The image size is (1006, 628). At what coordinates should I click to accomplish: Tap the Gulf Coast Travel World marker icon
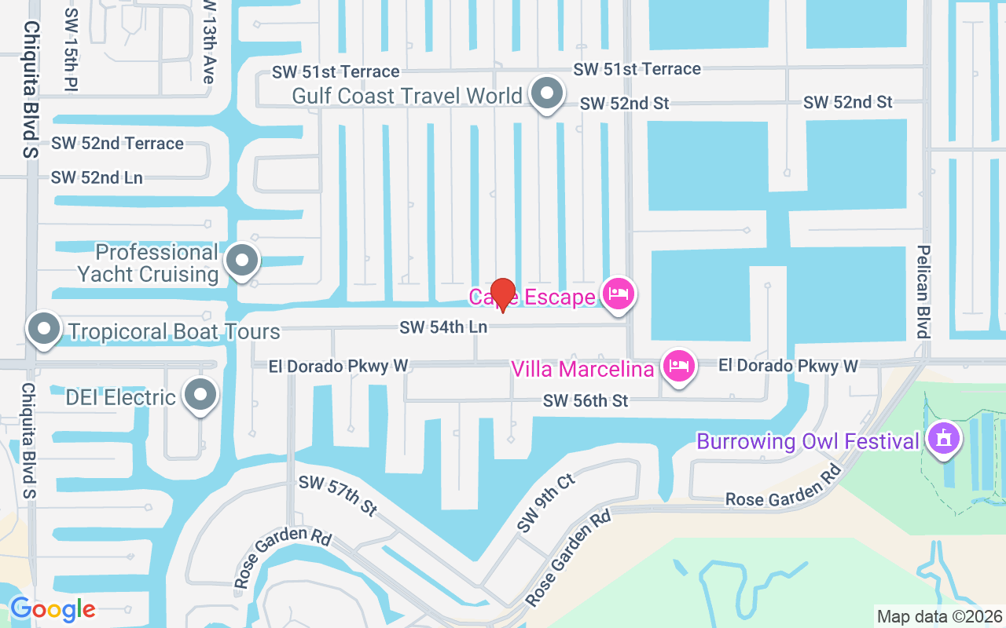(546, 94)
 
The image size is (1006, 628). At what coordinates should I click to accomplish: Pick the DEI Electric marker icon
(200, 396)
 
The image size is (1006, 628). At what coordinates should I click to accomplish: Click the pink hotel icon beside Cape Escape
(619, 294)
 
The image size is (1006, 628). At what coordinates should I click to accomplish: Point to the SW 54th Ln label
(443, 327)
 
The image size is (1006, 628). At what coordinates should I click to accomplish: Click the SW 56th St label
(586, 401)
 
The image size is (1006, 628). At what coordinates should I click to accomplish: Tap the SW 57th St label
(338, 495)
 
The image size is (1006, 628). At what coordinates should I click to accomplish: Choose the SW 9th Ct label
(546, 502)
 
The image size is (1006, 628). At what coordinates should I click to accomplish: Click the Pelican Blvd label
(923, 290)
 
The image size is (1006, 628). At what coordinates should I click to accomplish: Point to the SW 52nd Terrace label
(117, 144)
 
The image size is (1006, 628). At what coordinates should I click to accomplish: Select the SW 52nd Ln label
(97, 178)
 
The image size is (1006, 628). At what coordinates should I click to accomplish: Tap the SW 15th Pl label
(71, 49)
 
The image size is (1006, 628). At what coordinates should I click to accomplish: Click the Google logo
(52, 608)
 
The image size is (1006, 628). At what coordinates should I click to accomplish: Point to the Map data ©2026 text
(940, 616)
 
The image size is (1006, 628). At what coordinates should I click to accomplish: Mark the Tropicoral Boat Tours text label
(174, 331)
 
